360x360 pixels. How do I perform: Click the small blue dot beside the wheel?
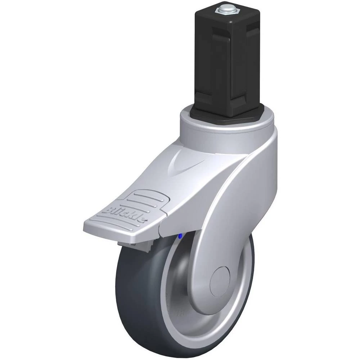coord(180,236)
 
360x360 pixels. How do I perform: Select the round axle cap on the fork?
coord(220,281)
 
